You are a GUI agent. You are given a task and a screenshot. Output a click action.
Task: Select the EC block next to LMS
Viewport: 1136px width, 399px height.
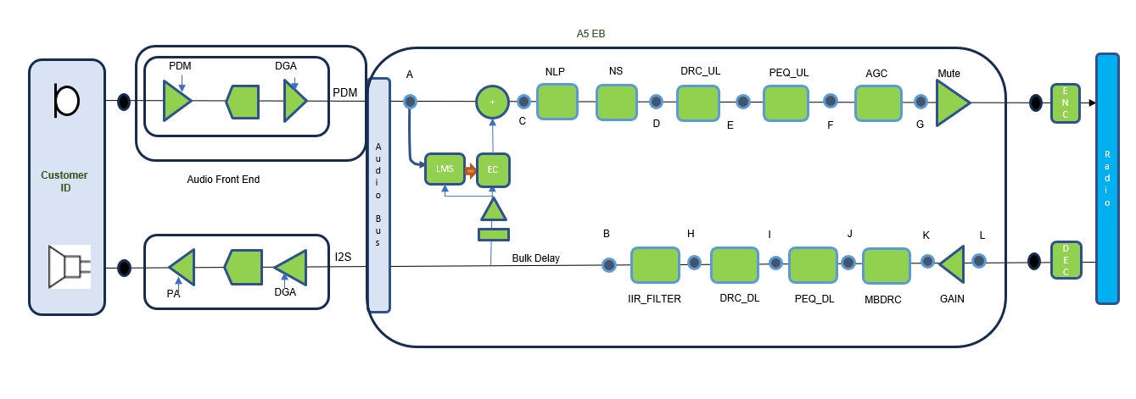(492, 169)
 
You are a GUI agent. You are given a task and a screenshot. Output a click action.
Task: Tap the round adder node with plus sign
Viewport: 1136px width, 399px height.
(492, 102)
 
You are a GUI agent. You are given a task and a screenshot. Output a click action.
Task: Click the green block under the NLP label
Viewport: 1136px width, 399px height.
(557, 102)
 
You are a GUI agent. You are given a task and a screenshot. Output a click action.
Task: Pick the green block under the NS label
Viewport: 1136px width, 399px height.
(616, 102)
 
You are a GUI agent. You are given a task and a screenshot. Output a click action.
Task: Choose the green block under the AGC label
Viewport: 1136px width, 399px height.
(876, 102)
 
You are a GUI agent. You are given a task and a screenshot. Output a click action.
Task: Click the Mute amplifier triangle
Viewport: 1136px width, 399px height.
(952, 103)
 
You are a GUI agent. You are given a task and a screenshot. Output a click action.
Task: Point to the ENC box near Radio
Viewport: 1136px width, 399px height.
(1065, 103)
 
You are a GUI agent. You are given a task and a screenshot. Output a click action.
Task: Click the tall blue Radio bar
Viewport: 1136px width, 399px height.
(1107, 178)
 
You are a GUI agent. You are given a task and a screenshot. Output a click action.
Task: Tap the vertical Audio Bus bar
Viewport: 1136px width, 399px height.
(378, 195)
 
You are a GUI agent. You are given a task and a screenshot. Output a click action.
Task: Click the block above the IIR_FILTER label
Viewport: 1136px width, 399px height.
(655, 264)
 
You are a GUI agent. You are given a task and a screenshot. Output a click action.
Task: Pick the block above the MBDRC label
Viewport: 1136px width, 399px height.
(887, 265)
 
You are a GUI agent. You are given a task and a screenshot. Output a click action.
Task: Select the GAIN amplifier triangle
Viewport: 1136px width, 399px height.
(953, 263)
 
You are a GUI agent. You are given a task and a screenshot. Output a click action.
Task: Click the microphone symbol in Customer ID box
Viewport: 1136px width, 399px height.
(65, 100)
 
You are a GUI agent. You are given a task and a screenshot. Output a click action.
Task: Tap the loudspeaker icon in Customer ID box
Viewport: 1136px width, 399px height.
(68, 266)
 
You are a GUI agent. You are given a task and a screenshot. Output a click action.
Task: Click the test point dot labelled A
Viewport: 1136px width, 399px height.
(410, 102)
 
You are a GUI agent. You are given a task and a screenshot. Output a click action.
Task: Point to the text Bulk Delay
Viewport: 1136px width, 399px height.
(535, 258)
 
